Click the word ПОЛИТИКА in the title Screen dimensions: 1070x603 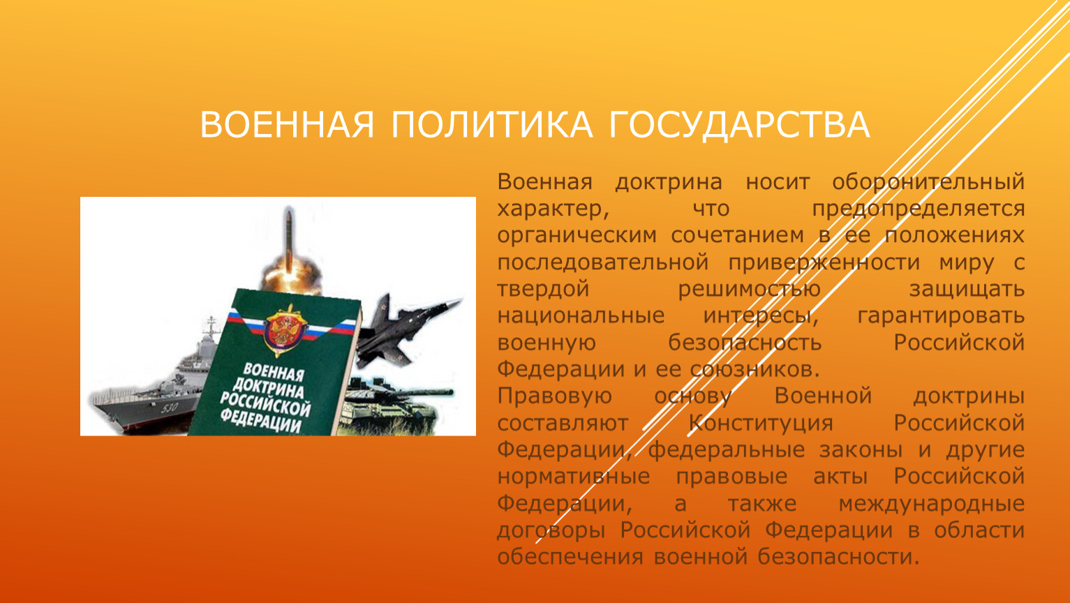(491, 125)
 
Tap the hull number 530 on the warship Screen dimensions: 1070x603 (169, 408)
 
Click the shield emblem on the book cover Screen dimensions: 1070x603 (282, 329)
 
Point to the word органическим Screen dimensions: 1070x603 (577, 236)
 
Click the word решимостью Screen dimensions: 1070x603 (749, 290)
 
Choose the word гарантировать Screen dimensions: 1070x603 (941, 316)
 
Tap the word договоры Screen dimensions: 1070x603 (551, 530)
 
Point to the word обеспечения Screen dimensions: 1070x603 (570, 557)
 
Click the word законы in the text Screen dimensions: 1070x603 (861, 450)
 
